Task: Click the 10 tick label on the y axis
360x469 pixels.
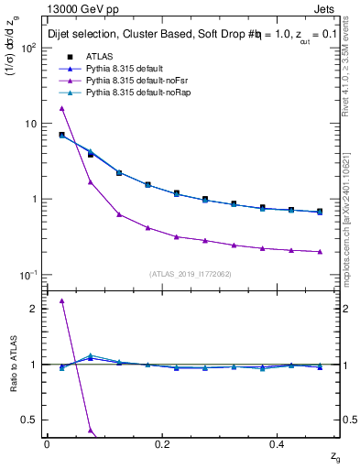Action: (32, 124)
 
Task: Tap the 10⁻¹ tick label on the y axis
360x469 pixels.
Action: (30, 275)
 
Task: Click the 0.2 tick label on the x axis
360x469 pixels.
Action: (163, 443)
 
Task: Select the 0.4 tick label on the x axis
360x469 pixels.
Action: (279, 443)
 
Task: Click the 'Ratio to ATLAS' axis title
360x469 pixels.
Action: (12, 365)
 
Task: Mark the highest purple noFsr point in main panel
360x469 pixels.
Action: (61, 108)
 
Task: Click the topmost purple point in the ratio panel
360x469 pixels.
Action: (61, 300)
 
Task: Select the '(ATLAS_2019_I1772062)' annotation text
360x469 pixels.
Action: (191, 274)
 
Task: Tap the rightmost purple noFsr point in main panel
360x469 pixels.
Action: (319, 251)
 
